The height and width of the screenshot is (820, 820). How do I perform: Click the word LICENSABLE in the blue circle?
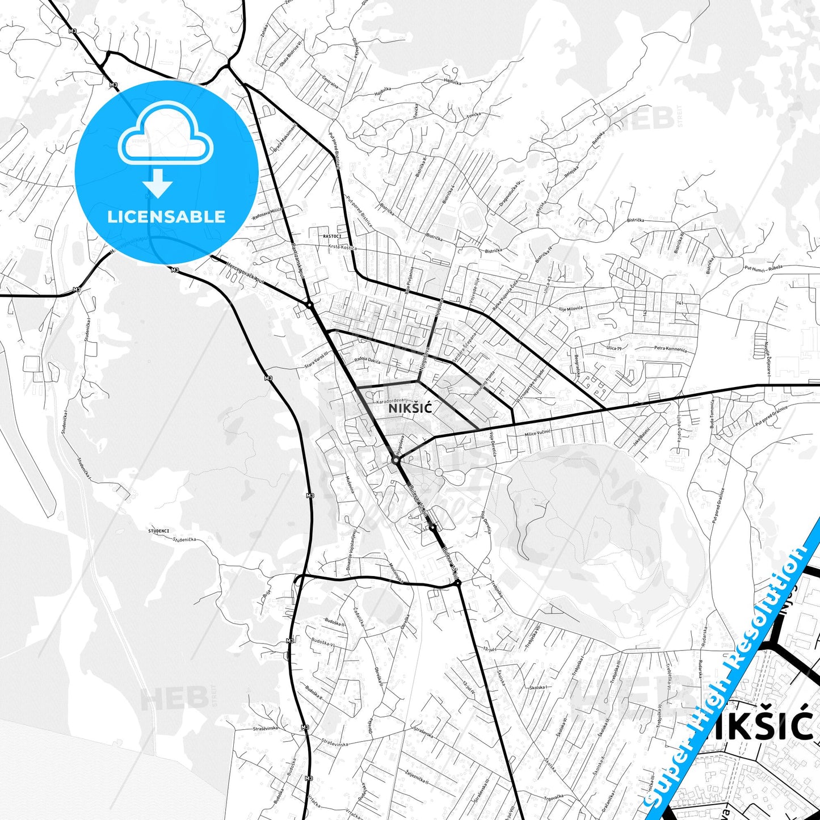click(166, 216)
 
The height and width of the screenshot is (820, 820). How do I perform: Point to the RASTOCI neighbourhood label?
click(332, 236)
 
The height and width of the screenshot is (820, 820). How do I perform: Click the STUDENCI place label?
click(159, 531)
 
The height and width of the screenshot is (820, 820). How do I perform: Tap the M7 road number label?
click(77, 290)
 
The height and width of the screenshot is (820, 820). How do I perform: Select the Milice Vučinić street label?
click(537, 434)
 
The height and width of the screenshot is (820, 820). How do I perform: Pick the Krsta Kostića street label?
click(342, 247)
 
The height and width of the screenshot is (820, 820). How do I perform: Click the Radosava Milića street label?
click(267, 215)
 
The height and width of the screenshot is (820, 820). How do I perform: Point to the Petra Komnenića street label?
click(670, 348)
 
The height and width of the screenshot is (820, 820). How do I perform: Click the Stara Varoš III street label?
click(317, 363)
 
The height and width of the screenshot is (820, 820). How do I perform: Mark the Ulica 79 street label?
click(615, 348)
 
